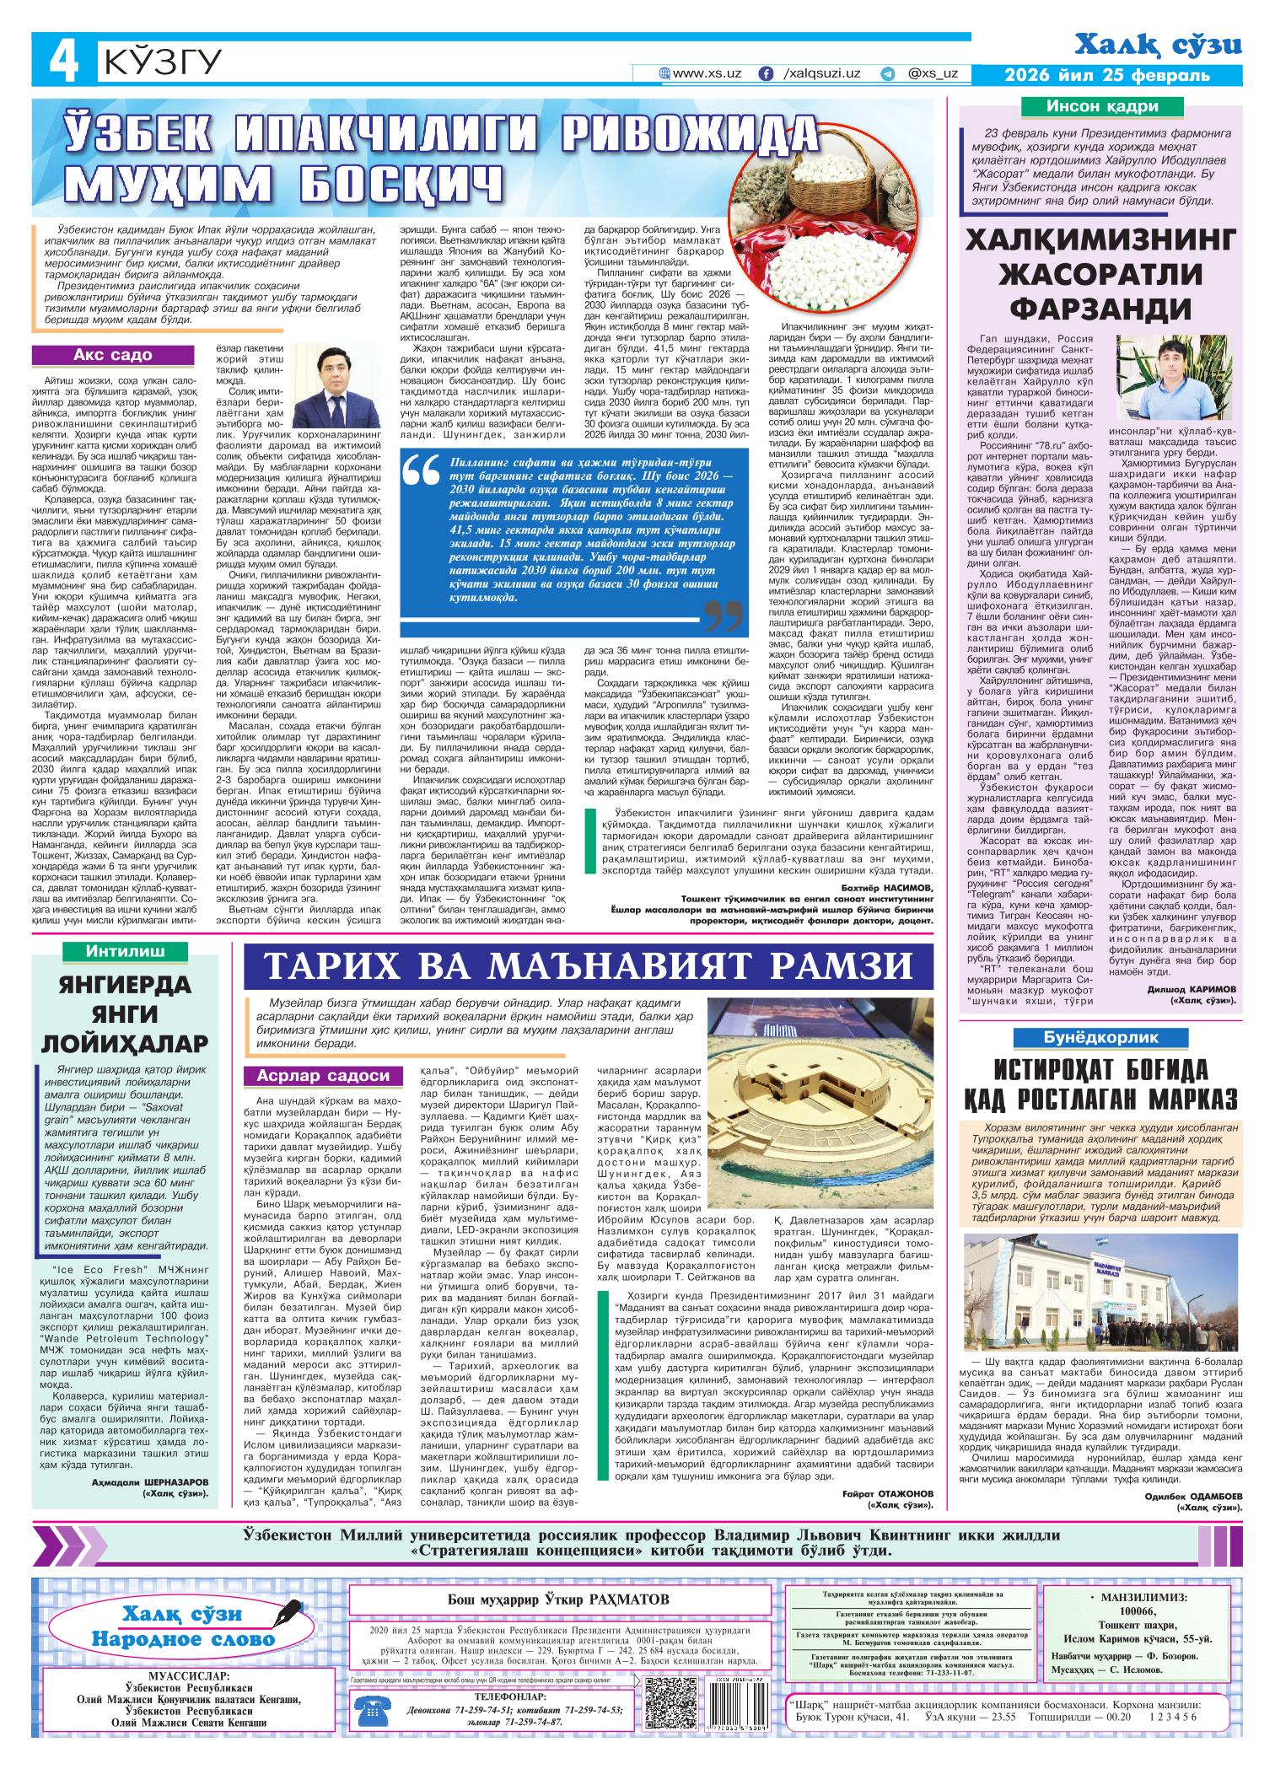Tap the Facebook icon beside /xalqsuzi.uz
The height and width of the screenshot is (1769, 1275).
tap(766, 74)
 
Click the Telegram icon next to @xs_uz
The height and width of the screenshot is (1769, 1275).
tap(887, 74)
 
